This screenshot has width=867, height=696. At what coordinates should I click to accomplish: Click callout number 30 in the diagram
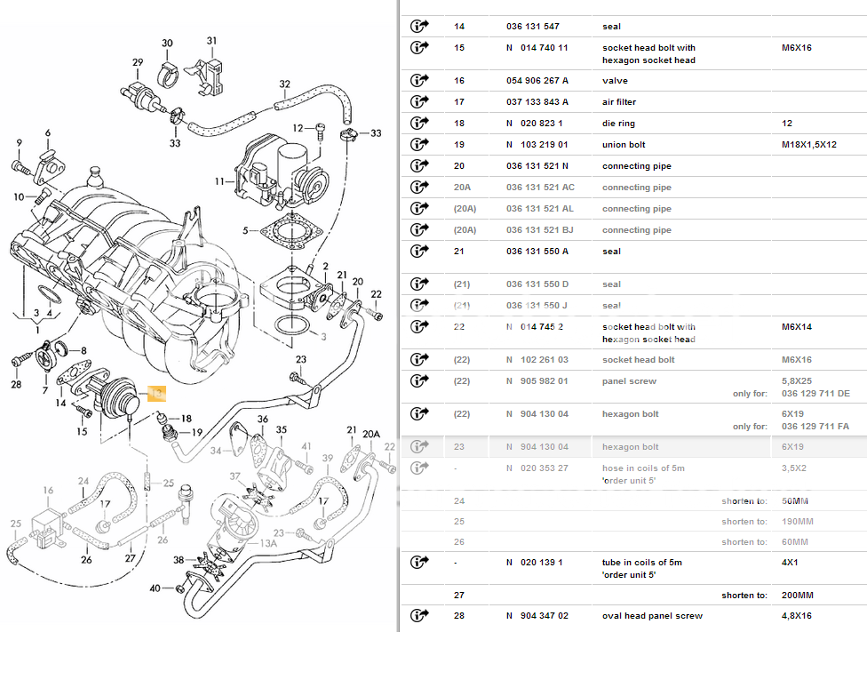(167, 44)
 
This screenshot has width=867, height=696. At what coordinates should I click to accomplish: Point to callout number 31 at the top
(211, 41)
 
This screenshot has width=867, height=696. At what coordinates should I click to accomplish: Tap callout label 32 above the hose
(284, 84)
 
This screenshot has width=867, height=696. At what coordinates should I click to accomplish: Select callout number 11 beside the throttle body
(219, 181)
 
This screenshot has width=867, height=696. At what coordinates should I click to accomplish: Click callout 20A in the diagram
(371, 435)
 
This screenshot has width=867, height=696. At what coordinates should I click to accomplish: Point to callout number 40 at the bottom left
(155, 588)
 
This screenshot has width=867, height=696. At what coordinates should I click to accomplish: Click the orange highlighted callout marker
(156, 392)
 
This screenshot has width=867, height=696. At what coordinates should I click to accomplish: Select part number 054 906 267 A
(537, 81)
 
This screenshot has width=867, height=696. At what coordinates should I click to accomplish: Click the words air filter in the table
(619, 102)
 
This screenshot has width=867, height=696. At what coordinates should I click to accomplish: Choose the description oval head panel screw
(652, 616)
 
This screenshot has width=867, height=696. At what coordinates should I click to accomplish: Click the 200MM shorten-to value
(797, 596)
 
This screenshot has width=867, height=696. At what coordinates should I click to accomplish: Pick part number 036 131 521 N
(537, 166)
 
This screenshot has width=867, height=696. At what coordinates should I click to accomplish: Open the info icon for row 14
(419, 27)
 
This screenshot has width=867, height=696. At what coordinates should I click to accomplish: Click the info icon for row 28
(419, 616)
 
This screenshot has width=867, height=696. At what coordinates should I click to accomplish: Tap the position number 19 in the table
(459, 145)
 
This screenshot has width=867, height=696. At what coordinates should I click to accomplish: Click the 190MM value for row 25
(796, 522)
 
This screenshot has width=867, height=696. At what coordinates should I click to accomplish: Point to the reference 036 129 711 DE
(815, 393)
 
